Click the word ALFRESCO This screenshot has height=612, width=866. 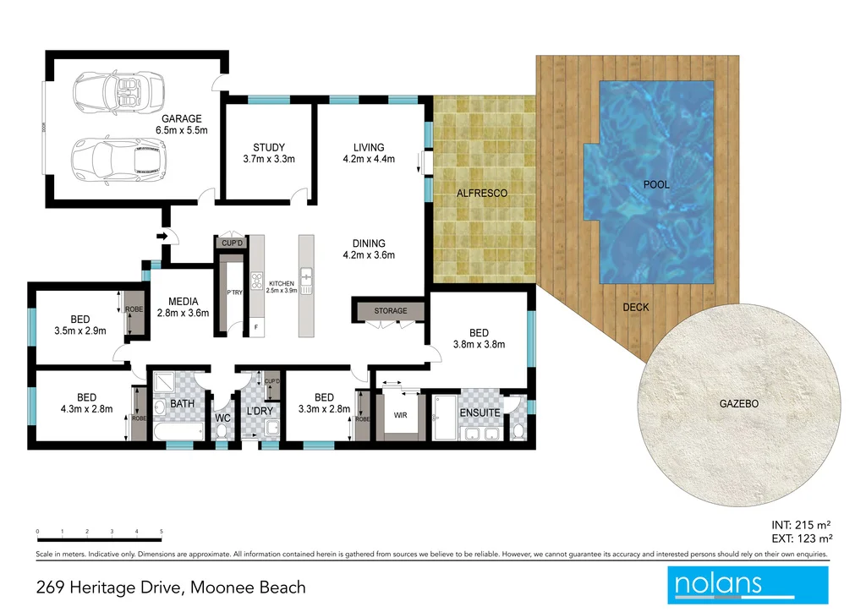[x=482, y=194]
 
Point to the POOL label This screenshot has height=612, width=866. [x=656, y=184]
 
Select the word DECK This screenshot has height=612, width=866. [x=636, y=307]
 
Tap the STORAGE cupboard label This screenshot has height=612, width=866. [x=391, y=311]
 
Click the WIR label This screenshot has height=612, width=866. [x=401, y=415]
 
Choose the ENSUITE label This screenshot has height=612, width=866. [x=480, y=413]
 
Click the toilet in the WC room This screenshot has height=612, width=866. [x=222, y=431]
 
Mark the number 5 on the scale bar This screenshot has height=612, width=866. [x=162, y=532]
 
